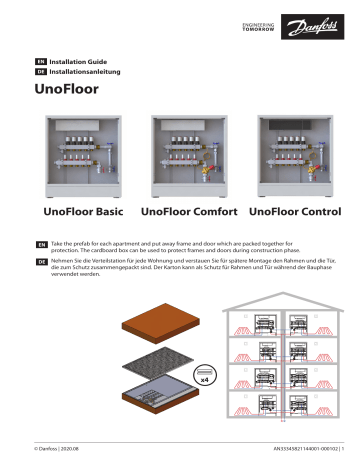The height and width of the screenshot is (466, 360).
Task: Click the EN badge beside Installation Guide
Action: tap(41, 62)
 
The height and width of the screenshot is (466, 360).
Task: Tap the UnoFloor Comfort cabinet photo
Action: tap(187, 155)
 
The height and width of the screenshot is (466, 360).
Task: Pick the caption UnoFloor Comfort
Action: tap(189, 213)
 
